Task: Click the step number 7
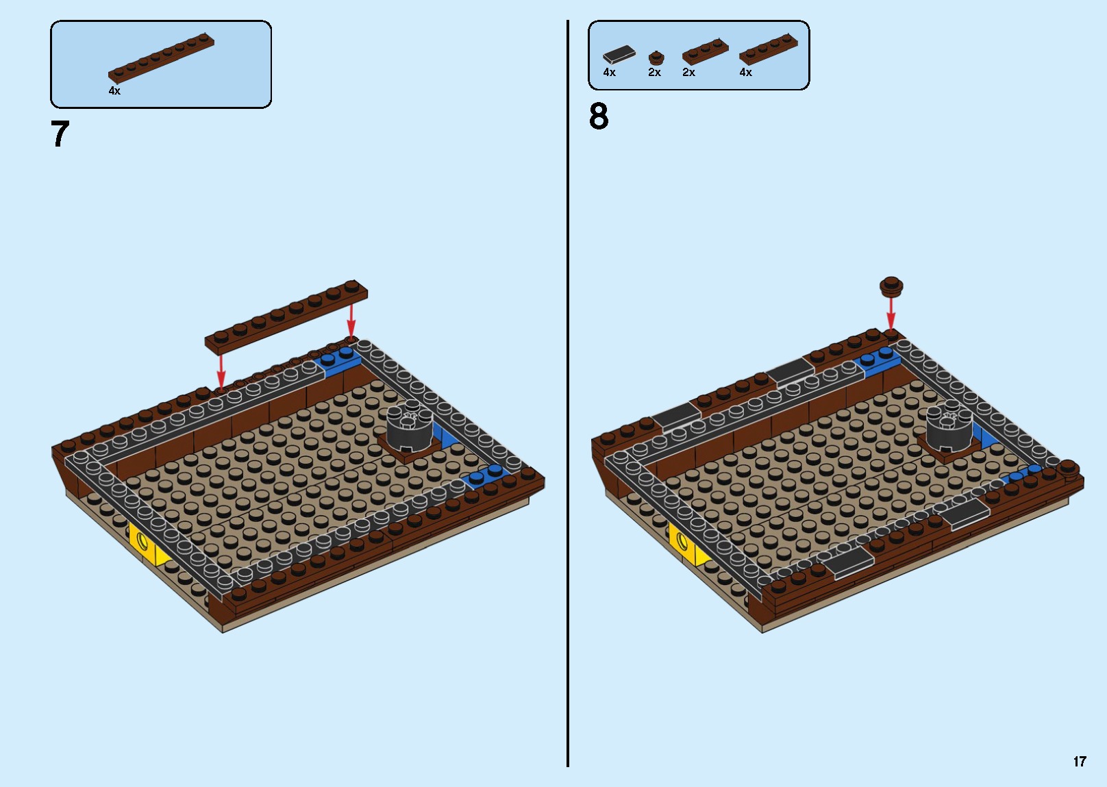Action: pyautogui.click(x=60, y=134)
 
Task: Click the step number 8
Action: pyautogui.click(x=598, y=116)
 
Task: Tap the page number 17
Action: pyautogui.click(x=1080, y=762)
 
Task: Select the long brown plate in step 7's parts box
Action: pyautogui.click(x=161, y=58)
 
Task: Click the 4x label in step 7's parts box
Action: pyautogui.click(x=114, y=90)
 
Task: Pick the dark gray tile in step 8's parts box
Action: pyautogui.click(x=619, y=54)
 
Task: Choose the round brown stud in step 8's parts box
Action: pyautogui.click(x=656, y=58)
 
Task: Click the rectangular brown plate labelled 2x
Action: pyautogui.click(x=705, y=51)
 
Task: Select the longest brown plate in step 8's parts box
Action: pyautogui.click(x=768, y=49)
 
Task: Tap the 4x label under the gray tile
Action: pyautogui.click(x=609, y=73)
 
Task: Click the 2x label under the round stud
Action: pyautogui.click(x=654, y=73)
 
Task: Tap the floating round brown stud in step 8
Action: pyautogui.click(x=891, y=285)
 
